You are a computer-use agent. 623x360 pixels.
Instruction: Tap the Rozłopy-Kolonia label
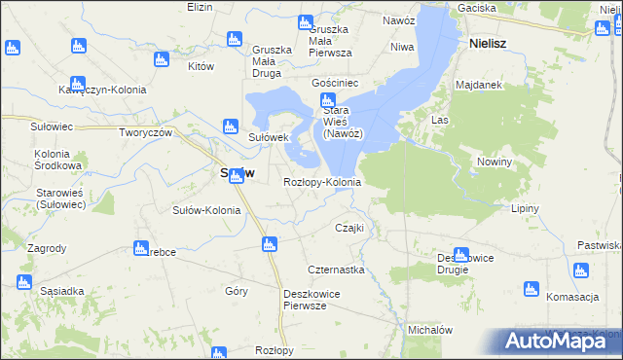[x=322, y=182]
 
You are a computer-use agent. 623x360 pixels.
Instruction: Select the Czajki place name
[x=349, y=228]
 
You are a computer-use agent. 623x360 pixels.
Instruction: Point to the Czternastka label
[x=336, y=270]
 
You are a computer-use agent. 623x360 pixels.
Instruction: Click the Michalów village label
[x=431, y=330]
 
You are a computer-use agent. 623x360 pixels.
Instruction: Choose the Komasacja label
[x=571, y=297]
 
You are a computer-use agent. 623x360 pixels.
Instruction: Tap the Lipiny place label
[x=525, y=208]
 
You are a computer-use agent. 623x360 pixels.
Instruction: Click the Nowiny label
[x=495, y=162]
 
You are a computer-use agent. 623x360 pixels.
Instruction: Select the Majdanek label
[x=478, y=85]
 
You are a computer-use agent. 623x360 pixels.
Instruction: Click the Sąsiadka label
[x=62, y=291]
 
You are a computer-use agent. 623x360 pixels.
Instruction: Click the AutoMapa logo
[x=562, y=341]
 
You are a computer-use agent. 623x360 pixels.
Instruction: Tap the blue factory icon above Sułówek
[x=231, y=126]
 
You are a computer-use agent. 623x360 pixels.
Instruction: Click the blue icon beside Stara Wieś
[x=327, y=102]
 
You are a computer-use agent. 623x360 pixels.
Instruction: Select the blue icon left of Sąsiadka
[x=23, y=282]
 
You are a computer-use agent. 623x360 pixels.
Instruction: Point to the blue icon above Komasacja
[x=531, y=289]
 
